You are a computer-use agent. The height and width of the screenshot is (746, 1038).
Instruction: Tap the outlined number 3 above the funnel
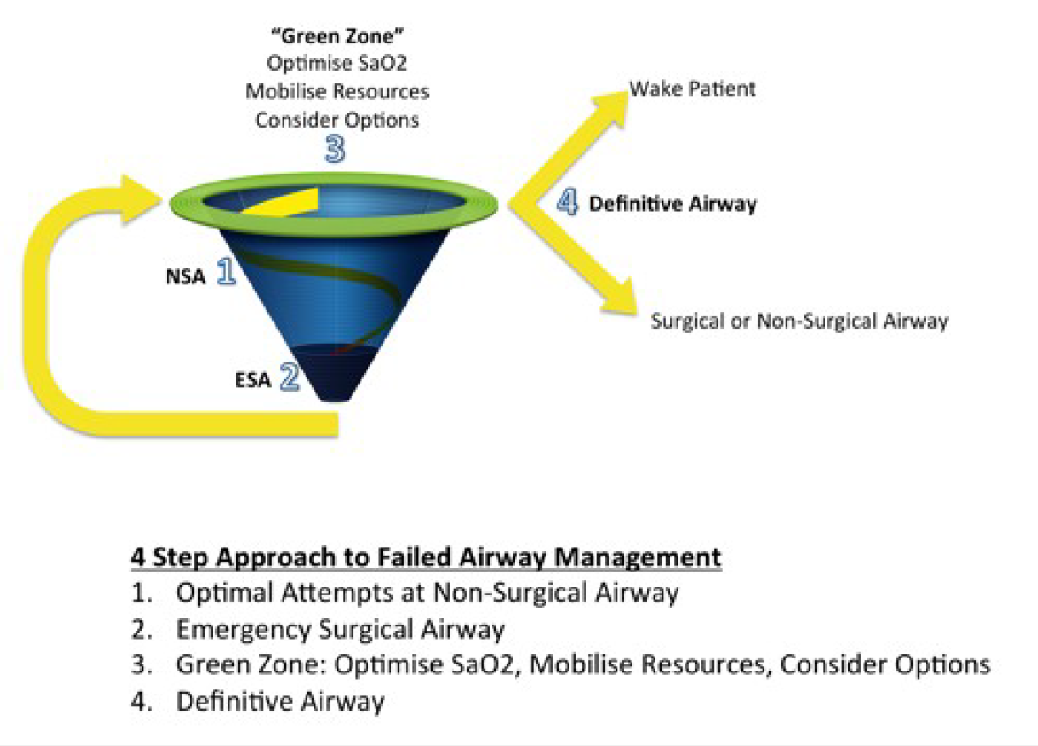point(334,148)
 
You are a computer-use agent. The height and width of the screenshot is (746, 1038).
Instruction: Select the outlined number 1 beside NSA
point(226,272)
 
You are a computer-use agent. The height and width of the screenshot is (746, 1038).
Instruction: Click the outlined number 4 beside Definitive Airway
point(567,202)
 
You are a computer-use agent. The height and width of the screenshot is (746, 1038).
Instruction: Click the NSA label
point(185,277)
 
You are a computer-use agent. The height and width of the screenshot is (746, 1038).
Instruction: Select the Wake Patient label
point(693,89)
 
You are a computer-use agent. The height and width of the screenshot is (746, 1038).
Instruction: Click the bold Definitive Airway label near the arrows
point(673,204)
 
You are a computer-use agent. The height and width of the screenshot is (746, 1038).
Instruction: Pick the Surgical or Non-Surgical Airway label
point(799,321)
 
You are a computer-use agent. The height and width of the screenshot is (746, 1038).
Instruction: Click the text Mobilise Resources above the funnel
point(337,91)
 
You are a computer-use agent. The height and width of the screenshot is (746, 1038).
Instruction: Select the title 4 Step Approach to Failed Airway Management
point(425,558)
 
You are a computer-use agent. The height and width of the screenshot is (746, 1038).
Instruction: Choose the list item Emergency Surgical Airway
point(340,630)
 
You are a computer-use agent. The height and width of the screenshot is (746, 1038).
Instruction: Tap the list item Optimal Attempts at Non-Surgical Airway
point(427,594)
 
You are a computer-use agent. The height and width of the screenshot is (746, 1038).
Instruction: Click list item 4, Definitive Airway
point(281,702)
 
